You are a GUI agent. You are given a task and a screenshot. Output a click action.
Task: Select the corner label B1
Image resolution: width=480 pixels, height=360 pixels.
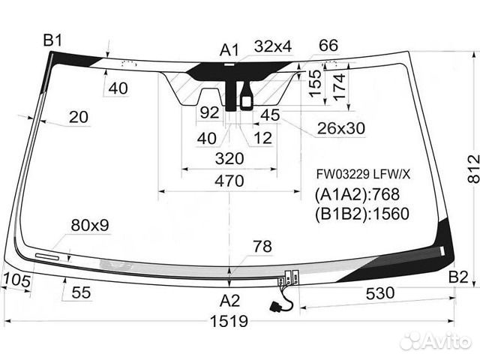point(52,40)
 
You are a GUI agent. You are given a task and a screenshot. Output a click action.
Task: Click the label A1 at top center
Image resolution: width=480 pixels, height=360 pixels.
point(229,50)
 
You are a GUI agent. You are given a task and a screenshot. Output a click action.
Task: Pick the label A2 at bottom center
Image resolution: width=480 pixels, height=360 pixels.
point(229,301)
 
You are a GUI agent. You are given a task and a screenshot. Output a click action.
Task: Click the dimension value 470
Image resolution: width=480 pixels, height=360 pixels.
point(229,181)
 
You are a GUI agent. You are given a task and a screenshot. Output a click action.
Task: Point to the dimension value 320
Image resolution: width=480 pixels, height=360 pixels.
point(229,159)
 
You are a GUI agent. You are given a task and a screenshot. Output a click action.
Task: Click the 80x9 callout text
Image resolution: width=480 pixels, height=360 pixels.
point(90,224)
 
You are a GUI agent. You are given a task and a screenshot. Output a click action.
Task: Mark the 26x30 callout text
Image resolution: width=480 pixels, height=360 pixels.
point(340,129)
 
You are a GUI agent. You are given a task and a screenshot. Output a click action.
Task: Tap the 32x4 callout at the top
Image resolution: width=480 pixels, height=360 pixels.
point(272,46)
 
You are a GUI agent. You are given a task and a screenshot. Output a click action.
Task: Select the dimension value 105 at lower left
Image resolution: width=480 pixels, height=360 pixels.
point(16,280)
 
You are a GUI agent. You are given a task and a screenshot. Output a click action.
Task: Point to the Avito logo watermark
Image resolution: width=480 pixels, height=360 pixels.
point(435,342)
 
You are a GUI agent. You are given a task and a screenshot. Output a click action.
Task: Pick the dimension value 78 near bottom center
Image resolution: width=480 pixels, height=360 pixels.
point(262,246)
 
